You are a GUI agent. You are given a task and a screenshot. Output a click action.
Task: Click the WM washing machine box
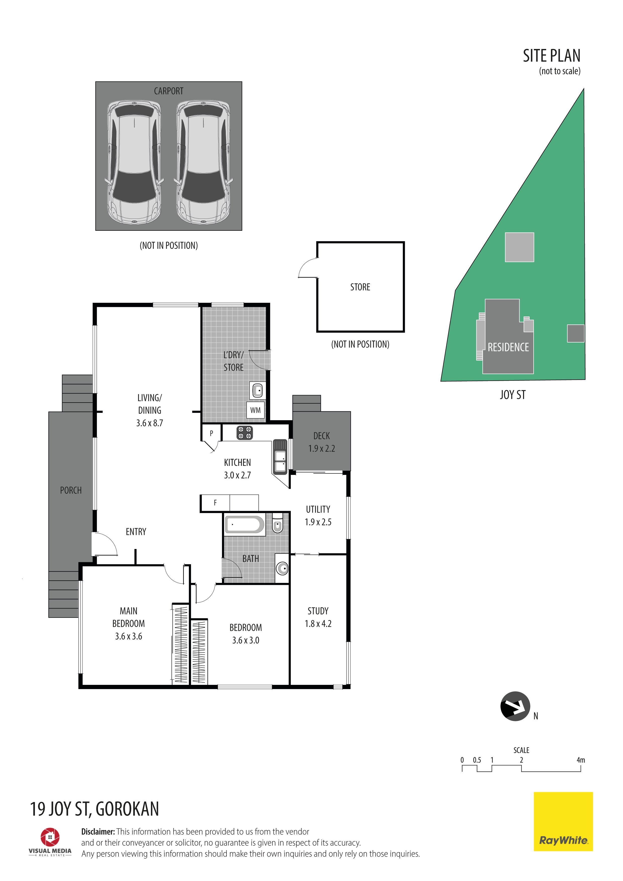pos(255,410)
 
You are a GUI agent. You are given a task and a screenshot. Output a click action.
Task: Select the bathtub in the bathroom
pos(245,525)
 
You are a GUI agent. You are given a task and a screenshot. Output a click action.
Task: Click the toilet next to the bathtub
pos(277,523)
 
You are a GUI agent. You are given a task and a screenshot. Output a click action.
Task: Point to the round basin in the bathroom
pos(282,568)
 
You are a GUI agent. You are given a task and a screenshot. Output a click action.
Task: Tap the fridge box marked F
pos(215,503)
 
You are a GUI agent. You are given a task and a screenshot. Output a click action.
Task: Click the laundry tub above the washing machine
pos(257,391)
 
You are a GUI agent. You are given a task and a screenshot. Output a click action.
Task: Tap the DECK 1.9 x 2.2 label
pos(321,442)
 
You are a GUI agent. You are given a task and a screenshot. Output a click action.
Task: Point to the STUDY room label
pos(318,611)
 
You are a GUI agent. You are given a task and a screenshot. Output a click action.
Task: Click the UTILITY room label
pos(318,509)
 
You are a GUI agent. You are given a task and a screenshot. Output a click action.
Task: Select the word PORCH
pos(71,490)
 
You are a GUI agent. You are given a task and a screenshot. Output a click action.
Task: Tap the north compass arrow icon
pos(515,706)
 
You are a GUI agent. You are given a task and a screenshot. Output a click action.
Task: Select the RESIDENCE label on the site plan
pos(508,347)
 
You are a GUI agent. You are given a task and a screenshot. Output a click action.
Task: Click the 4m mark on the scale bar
pos(581,760)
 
